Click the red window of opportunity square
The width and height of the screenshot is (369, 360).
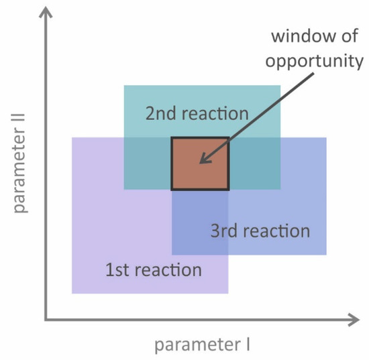click(200, 164)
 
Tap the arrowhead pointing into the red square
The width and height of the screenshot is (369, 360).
click(203, 161)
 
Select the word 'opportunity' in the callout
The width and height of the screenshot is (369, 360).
click(314, 62)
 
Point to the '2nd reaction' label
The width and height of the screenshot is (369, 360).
click(197, 113)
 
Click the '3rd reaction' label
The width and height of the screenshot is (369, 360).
click(260, 231)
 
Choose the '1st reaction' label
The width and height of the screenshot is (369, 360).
click(153, 270)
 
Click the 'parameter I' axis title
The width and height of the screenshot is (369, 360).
click(202, 345)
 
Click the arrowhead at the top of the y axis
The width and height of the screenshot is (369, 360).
click(46, 13)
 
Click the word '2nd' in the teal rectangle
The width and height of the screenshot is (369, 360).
click(160, 113)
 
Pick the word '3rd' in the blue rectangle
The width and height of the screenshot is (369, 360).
click(223, 231)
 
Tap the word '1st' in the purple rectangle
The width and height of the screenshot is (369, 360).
click(117, 270)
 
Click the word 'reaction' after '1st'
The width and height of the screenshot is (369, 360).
click(167, 270)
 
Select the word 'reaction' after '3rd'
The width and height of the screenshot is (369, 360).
click(275, 231)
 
